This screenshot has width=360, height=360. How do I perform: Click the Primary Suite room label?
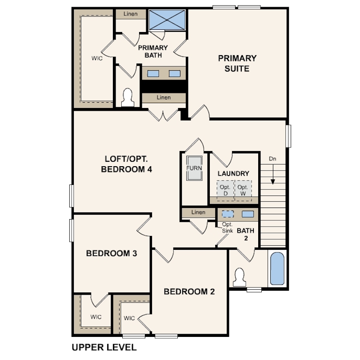click(237, 64)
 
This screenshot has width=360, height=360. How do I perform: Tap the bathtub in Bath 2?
click(277, 268)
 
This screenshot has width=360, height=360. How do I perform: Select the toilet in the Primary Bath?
click(128, 98)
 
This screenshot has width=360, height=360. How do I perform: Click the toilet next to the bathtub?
click(240, 277)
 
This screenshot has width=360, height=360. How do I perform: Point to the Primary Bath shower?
click(167, 20)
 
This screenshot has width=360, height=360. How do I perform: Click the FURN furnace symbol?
click(194, 168)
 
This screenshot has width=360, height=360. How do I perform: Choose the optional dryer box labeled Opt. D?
click(225, 191)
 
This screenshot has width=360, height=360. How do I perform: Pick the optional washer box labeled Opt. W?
click(243, 191)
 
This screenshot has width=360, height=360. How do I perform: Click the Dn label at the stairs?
click(272, 159)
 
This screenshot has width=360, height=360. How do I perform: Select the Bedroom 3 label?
click(112, 253)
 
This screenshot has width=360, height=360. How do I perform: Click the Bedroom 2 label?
click(189, 292)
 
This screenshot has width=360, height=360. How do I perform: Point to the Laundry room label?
click(233, 173)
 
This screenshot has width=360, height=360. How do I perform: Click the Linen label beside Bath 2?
click(198, 212)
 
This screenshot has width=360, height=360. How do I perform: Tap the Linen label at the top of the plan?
click(130, 14)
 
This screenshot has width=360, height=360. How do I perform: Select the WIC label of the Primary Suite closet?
click(97, 58)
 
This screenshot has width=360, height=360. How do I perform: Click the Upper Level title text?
click(104, 347)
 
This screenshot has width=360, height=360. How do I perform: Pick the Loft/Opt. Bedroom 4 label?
click(127, 164)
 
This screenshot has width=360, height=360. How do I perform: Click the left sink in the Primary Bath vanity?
click(153, 73)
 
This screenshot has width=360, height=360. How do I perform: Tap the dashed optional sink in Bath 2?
click(228, 214)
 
